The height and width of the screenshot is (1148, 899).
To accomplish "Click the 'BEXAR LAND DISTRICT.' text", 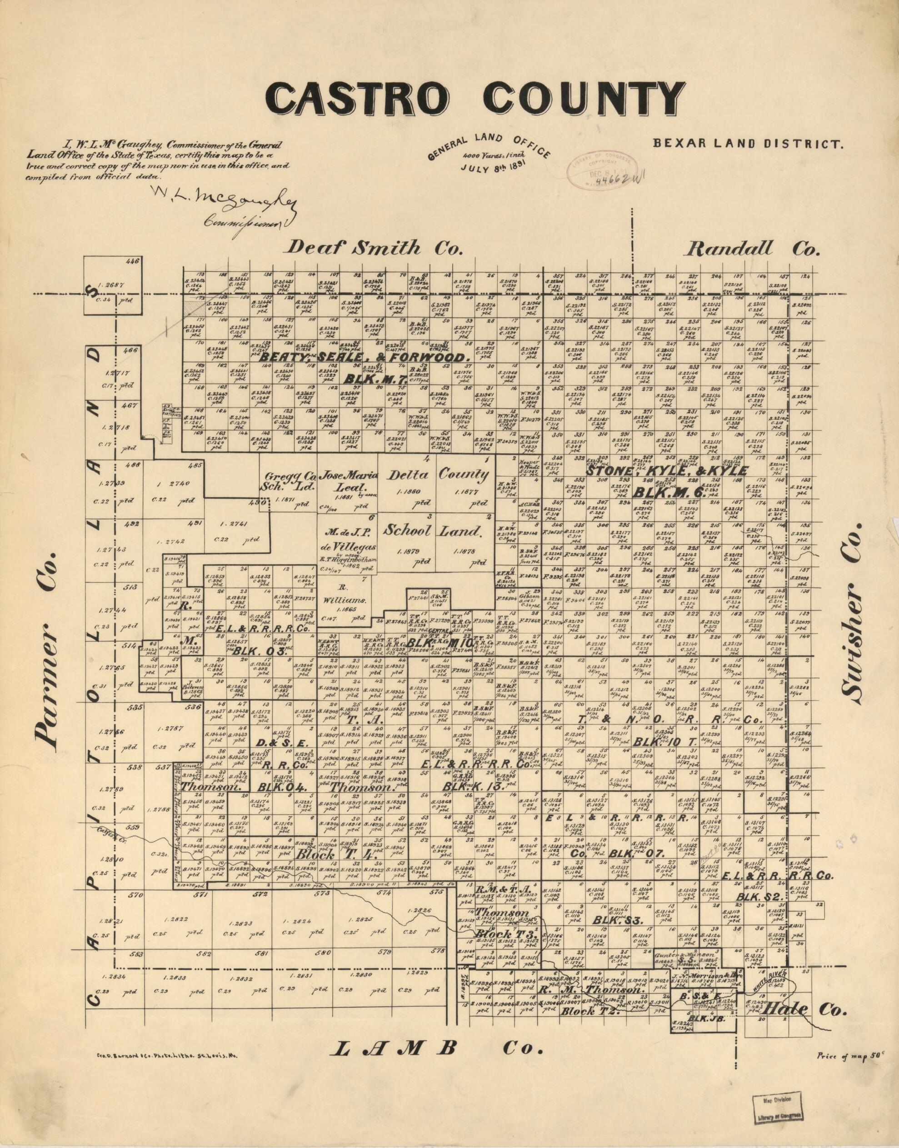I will tap(748, 143).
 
